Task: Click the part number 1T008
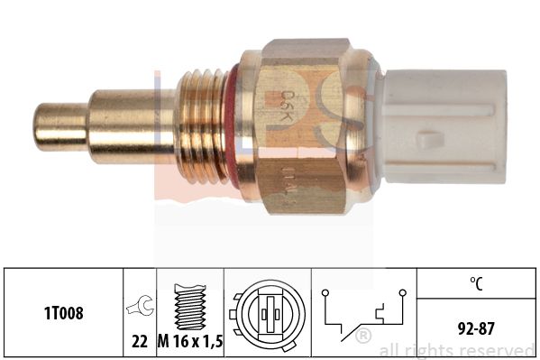[62, 315]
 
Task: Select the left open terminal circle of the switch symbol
[325, 293]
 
